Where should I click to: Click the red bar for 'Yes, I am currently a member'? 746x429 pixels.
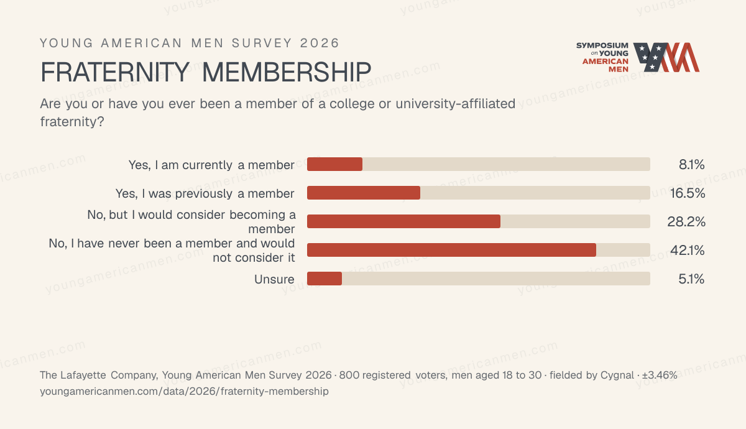pos(334,164)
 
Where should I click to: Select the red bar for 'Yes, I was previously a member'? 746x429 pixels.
pos(364,193)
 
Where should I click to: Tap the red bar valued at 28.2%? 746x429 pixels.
pos(403,221)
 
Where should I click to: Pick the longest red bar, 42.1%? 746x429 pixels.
pos(451,250)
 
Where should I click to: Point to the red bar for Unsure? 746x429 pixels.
pos(325,279)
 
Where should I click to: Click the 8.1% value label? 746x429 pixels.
pos(692,165)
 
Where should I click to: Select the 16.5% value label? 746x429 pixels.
pos(688,193)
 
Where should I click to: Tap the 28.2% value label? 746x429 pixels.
pos(686,222)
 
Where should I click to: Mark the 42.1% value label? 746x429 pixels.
pos(688,250)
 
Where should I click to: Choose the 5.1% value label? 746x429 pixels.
pos(691,279)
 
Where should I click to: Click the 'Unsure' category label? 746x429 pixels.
pos(274,279)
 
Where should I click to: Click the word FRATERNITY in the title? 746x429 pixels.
pos(115,72)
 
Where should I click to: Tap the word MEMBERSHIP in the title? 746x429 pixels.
pos(287,72)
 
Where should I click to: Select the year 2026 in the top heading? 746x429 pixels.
pos(320,44)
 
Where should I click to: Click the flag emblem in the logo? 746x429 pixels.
pos(666,57)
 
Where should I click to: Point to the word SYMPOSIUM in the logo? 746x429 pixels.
pos(602,45)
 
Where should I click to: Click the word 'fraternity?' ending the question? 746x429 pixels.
pos(72,122)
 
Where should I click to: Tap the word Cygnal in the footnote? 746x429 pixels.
pos(617,376)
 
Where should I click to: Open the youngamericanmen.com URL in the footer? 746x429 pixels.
pos(184,391)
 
